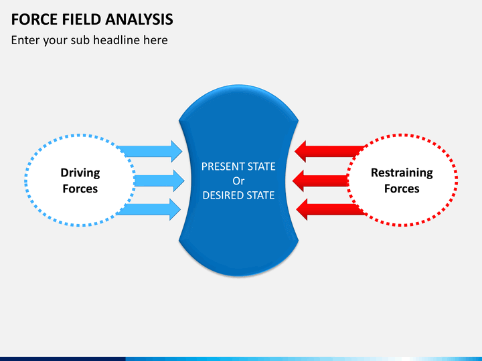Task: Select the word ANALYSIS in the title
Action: click(x=139, y=19)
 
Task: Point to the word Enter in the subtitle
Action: click(x=25, y=40)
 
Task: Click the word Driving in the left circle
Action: click(x=80, y=173)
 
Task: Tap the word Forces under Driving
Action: click(x=80, y=189)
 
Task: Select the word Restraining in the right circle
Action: click(x=402, y=173)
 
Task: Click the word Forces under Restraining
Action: click(x=402, y=189)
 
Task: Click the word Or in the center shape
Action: click(x=238, y=181)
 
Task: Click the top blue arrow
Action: click(x=150, y=151)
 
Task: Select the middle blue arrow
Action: click(x=159, y=180)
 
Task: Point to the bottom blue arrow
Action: click(x=149, y=209)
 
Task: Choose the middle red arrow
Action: click(x=320, y=180)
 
